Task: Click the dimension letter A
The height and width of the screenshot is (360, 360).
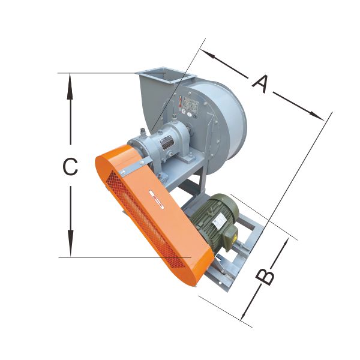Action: pos(260,84)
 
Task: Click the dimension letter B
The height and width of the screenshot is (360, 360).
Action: pos(265,277)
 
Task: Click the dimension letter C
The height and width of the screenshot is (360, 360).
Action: pos(70,166)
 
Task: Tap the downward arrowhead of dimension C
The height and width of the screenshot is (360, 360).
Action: pos(70,244)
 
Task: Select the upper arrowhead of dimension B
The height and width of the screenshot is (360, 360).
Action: pos(284,245)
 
